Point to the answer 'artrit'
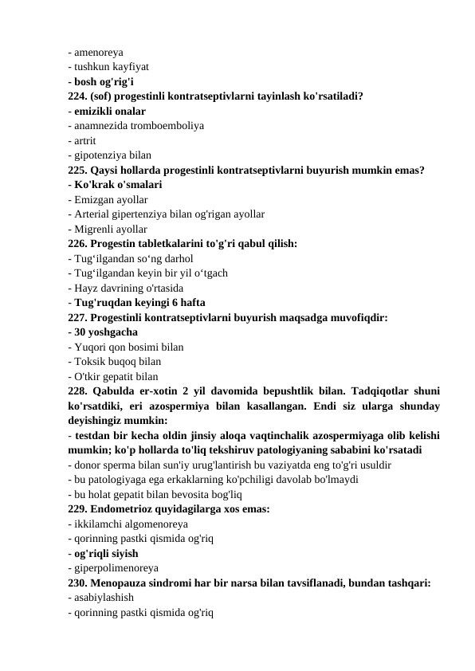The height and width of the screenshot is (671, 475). coord(85,140)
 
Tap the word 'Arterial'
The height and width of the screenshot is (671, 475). coord(92,214)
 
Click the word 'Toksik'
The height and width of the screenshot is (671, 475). coord(90,360)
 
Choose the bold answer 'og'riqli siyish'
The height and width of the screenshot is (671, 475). coord(108,553)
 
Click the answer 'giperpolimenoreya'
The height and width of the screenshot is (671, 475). coord(116,568)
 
